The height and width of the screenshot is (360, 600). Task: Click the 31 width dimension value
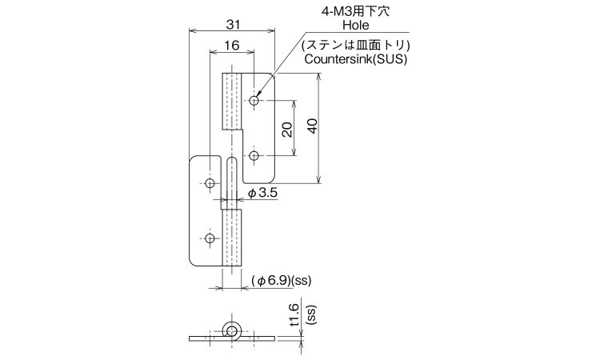233,25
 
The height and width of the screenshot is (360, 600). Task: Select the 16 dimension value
232,46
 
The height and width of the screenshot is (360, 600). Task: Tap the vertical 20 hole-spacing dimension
287,130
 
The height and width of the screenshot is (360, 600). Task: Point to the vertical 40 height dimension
312,126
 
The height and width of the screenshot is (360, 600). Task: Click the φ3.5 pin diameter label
262,193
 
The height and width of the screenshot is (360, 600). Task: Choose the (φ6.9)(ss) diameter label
282,281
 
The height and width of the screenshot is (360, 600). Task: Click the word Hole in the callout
356,26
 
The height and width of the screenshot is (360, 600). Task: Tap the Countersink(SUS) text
355,59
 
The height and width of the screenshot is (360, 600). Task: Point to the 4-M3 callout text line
355,11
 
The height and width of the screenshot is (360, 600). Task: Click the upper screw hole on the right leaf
254,101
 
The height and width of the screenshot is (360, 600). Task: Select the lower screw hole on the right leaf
254,156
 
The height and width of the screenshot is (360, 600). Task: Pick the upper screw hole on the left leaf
210,183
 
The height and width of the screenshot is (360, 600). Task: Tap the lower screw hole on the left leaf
210,238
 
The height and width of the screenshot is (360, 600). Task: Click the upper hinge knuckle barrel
232,101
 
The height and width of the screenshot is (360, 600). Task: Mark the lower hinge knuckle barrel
231,238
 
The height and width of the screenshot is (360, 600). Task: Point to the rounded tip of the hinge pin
232,158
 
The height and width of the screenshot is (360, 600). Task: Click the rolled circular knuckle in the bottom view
231,330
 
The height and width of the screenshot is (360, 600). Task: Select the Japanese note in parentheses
355,46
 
